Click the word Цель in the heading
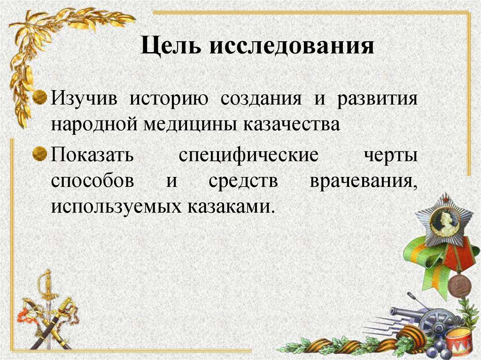click(x=171, y=47)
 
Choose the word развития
click(x=377, y=100)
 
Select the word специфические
click(x=249, y=156)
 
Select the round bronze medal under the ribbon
click(x=458, y=285)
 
